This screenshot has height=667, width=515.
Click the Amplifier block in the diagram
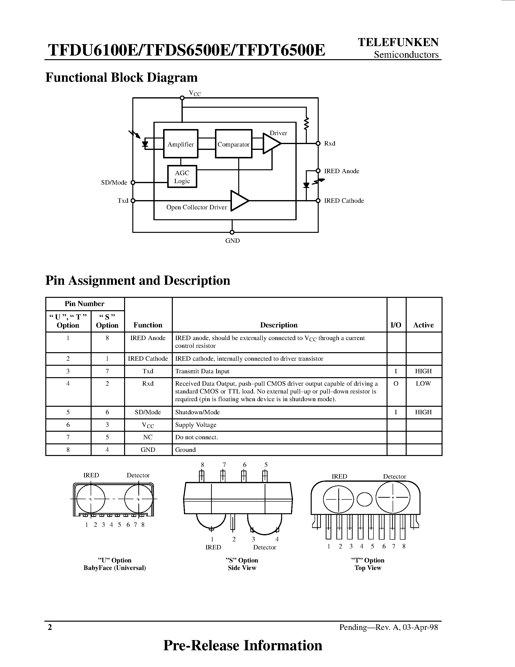[x=181, y=144]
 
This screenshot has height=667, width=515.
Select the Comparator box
[x=233, y=144]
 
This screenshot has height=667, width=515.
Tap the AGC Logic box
[x=182, y=177]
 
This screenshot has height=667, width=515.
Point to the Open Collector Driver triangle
[x=239, y=201]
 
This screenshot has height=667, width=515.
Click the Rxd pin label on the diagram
[x=330, y=144]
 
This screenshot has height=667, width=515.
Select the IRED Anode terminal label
[x=341, y=171]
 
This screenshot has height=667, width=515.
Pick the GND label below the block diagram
[x=232, y=241]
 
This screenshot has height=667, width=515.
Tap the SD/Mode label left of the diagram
[x=114, y=183]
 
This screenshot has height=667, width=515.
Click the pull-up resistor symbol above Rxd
[x=306, y=123]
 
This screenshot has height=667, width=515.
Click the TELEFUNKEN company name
[x=398, y=42]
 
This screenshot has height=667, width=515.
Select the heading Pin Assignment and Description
[x=138, y=280]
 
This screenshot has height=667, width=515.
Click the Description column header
[x=278, y=325]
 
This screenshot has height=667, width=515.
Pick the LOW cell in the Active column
[x=423, y=384]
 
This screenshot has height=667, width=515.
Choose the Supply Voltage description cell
[x=196, y=425]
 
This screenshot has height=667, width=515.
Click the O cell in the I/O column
[x=396, y=384]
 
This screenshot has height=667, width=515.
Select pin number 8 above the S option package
[x=202, y=465]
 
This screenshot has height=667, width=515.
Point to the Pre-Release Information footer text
[x=243, y=645]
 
